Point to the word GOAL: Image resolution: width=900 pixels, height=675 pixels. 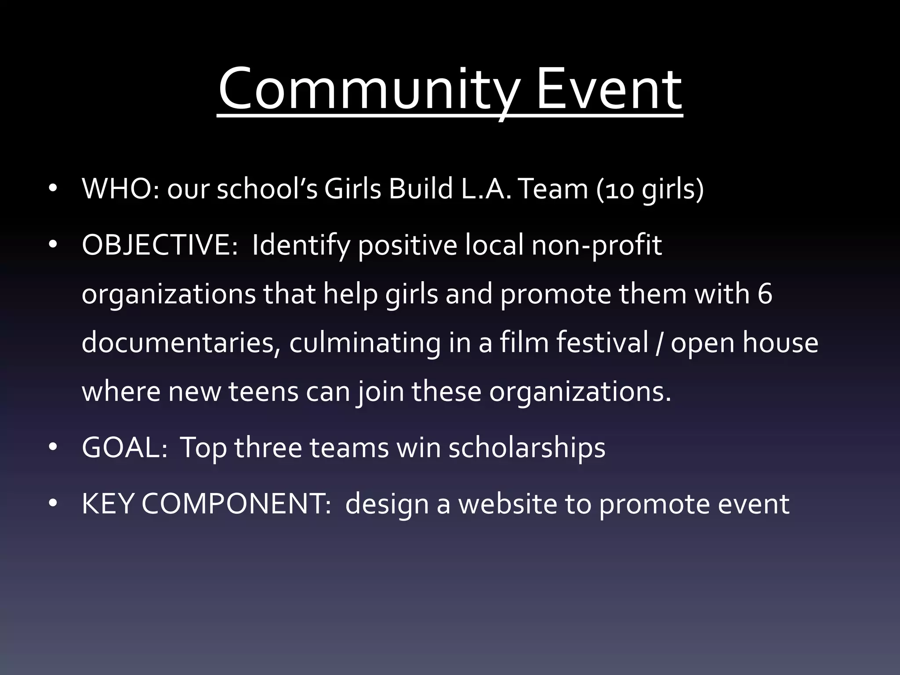pos(124,447)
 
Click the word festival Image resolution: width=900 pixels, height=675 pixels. pos(602,343)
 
